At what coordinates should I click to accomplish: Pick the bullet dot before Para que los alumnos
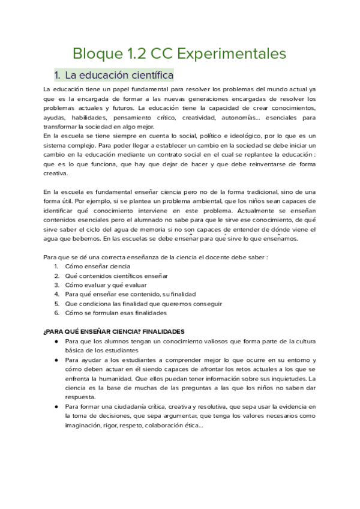[x=56, y=342]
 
